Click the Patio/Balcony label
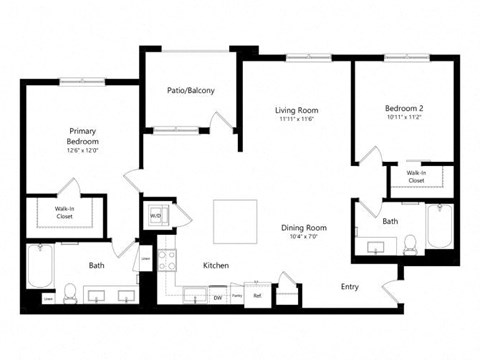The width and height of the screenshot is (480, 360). click(190, 91)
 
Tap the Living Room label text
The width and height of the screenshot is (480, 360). click(296, 110)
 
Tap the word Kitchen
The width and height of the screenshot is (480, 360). click(216, 266)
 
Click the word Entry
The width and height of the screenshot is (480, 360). click(349, 286)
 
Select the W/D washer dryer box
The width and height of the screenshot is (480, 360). click(157, 215)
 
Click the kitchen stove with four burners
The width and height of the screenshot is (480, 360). click(166, 261)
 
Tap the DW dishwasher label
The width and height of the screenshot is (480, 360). click(217, 297)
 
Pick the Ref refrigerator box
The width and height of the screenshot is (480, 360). click(257, 296)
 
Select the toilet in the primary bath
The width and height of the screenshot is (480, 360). click(71, 293)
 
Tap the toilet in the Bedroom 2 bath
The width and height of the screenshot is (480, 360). click(409, 242)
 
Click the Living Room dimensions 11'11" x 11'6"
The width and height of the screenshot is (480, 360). click(296, 120)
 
